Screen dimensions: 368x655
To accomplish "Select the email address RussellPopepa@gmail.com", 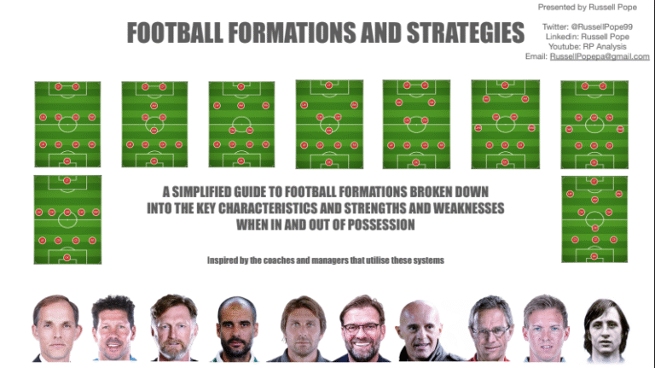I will (x=600, y=57).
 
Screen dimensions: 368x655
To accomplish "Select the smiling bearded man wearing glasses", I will (x=361, y=329).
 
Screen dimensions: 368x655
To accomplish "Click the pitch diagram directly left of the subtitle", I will (x=67, y=219).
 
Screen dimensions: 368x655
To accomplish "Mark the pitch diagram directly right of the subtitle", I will (x=594, y=219).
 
